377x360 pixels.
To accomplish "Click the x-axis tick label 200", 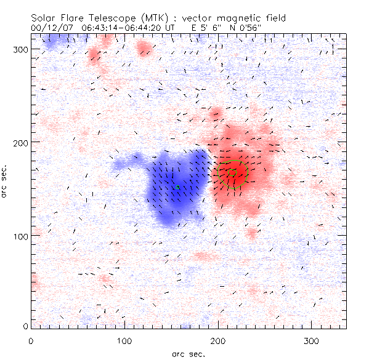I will click(x=217, y=340).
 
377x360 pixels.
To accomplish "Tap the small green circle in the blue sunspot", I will click(x=177, y=187).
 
